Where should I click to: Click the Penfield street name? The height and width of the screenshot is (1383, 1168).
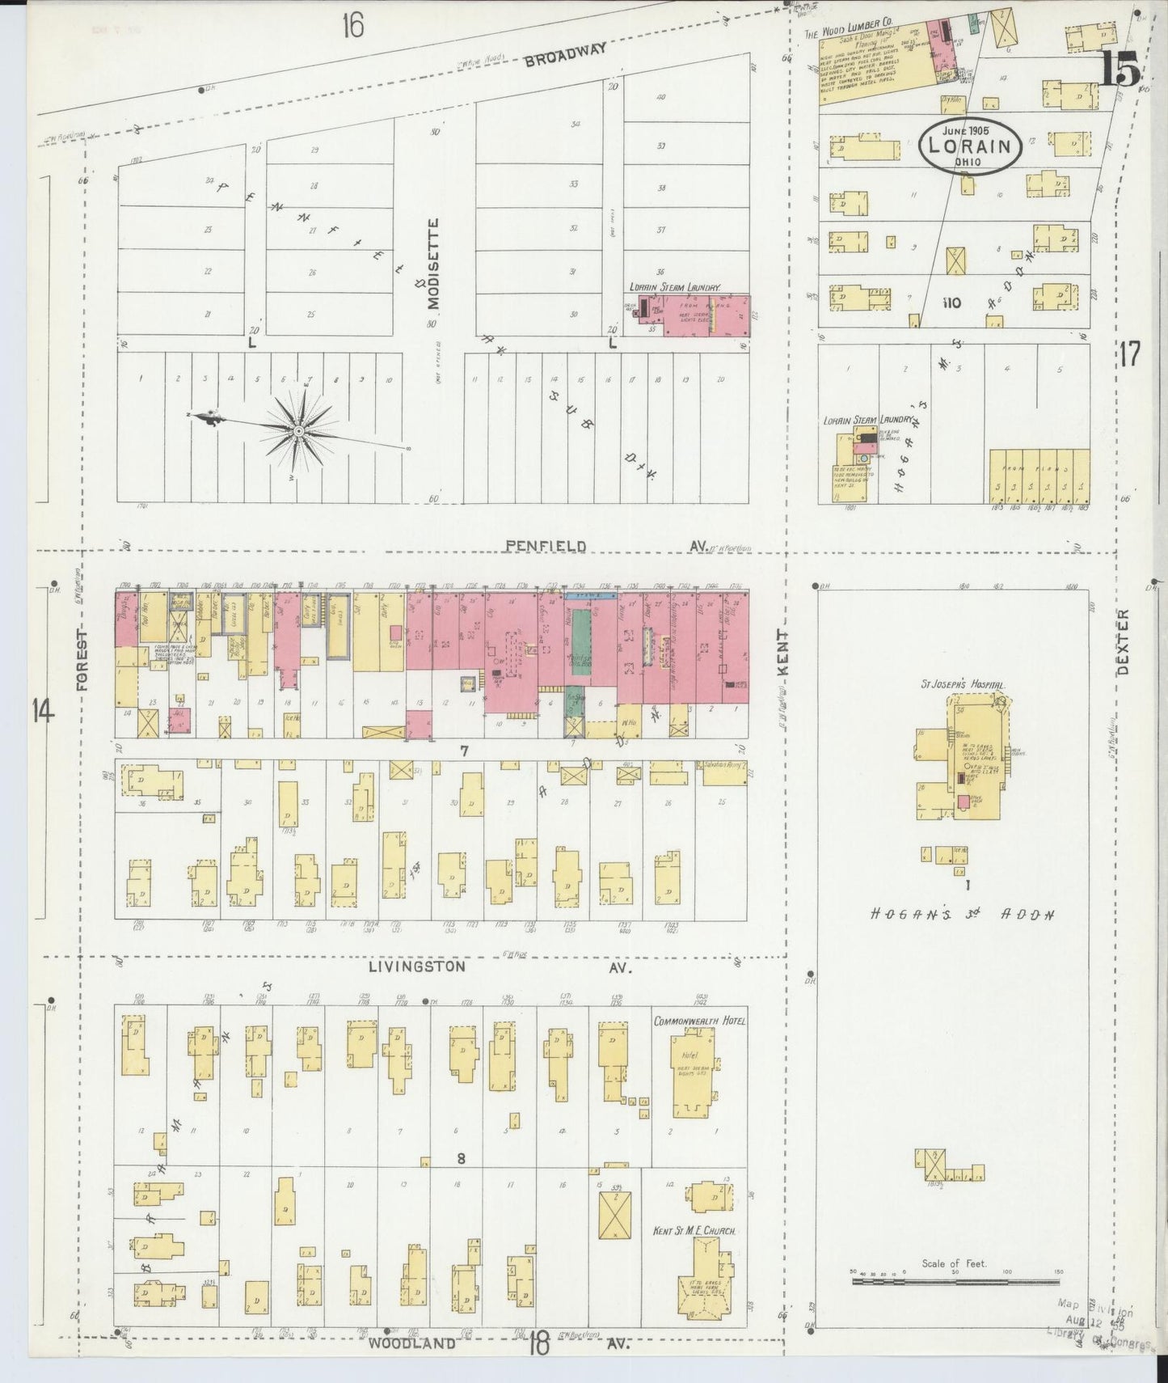pyautogui.click(x=546, y=547)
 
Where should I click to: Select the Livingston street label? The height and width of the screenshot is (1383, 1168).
pyautogui.click(x=417, y=966)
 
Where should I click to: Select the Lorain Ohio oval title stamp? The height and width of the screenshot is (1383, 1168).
pyautogui.click(x=971, y=146)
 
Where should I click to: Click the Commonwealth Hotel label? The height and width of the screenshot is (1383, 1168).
pyautogui.click(x=699, y=1021)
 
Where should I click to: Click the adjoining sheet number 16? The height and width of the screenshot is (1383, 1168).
pyautogui.click(x=352, y=26)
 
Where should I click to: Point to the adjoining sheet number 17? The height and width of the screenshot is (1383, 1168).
pyautogui.click(x=1130, y=353)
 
